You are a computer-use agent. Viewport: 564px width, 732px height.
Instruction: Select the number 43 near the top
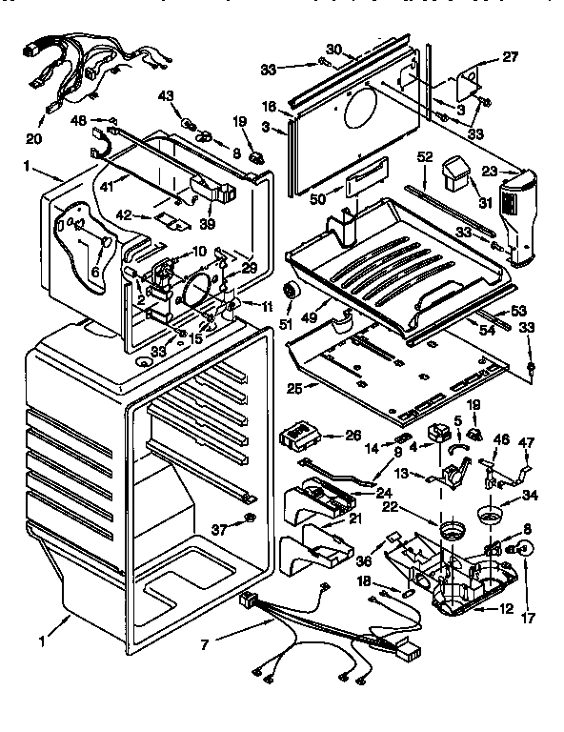click(x=166, y=96)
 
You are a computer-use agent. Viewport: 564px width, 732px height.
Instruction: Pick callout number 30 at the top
click(x=332, y=50)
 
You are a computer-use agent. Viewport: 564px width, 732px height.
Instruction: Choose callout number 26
click(x=352, y=435)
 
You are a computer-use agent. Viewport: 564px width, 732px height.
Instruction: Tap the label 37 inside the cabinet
click(x=220, y=529)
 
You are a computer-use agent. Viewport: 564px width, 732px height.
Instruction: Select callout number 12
click(x=507, y=609)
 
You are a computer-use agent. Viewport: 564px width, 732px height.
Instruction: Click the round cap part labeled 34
click(x=492, y=515)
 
